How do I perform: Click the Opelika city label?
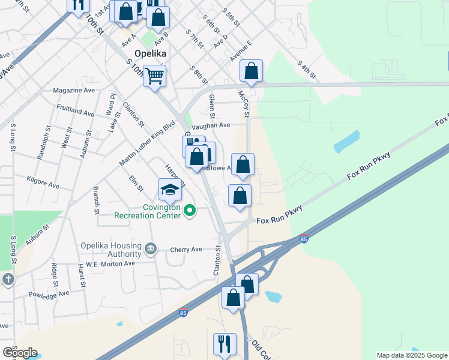[149, 53]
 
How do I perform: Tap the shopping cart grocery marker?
[154, 76]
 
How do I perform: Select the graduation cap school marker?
[170, 190]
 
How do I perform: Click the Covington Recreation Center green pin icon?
[190, 209]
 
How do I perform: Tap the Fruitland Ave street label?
[74, 113]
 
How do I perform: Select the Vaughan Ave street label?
[211, 125]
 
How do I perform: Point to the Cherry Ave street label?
[186, 250]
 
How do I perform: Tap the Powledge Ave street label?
[49, 294]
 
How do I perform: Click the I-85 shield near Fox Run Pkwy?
[304, 238]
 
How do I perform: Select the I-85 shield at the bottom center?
[183, 313]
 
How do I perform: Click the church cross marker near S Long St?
[7, 279]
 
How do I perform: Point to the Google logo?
[20, 353]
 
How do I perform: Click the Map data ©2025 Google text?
[411, 355]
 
